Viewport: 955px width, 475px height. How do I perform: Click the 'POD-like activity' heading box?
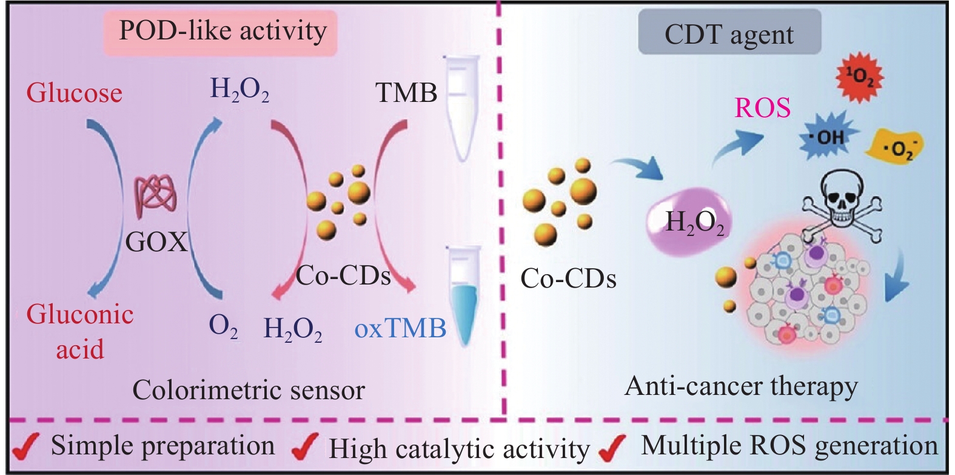tap(221, 32)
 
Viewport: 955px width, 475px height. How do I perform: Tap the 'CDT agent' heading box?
tap(729, 34)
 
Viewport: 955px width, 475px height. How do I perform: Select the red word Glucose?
tap(74, 93)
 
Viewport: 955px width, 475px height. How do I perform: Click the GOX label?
tap(156, 242)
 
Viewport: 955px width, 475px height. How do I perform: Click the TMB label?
tap(406, 93)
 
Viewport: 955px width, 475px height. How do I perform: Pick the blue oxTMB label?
tap(400, 328)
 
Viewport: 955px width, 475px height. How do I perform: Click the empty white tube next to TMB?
tap(463, 106)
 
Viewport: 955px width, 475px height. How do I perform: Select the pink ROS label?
tap(762, 108)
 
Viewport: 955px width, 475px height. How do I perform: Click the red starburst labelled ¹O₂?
tap(860, 78)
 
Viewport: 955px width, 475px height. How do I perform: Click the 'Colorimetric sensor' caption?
tap(249, 390)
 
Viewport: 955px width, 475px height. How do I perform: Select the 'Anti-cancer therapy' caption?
tap(741, 386)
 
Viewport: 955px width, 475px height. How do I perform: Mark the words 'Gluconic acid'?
tap(80, 331)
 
